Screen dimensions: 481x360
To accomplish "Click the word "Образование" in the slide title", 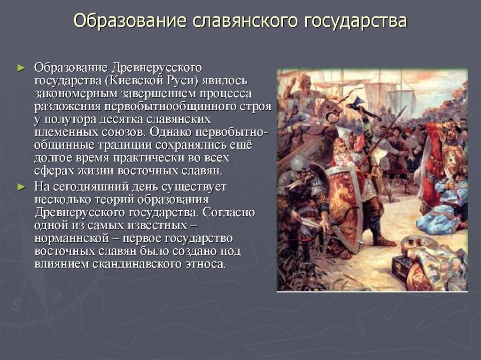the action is [130, 21].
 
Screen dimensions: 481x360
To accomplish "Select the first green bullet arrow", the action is [21, 68].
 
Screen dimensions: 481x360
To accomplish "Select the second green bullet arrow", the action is [21, 187].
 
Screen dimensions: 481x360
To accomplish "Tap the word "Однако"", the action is [170, 132].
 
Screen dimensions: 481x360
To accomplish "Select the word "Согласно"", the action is [229, 212].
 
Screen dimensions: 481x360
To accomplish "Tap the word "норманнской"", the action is [71, 238].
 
